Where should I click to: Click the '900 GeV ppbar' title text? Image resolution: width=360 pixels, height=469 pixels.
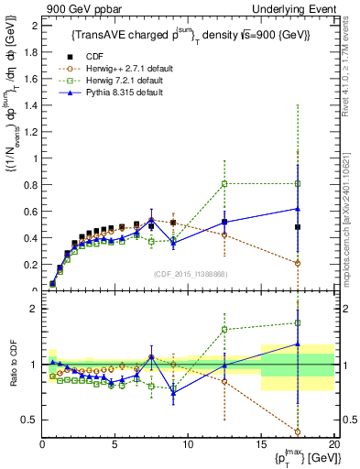(76, 8)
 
